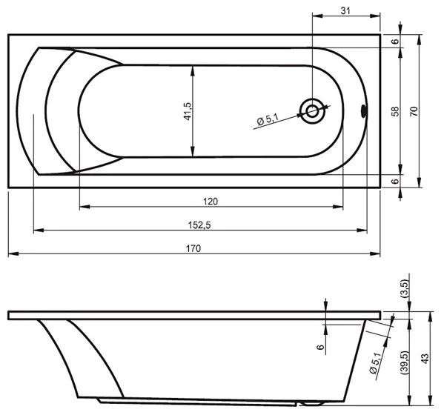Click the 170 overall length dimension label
coord(193,248)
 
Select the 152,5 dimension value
coord(199,225)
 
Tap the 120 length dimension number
coord(211,202)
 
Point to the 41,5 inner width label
coord(188,111)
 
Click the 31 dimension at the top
coord(345,11)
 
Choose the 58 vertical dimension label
coord(395,111)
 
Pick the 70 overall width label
coord(414,111)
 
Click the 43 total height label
coord(425,359)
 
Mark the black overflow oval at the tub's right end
coord(364,111)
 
